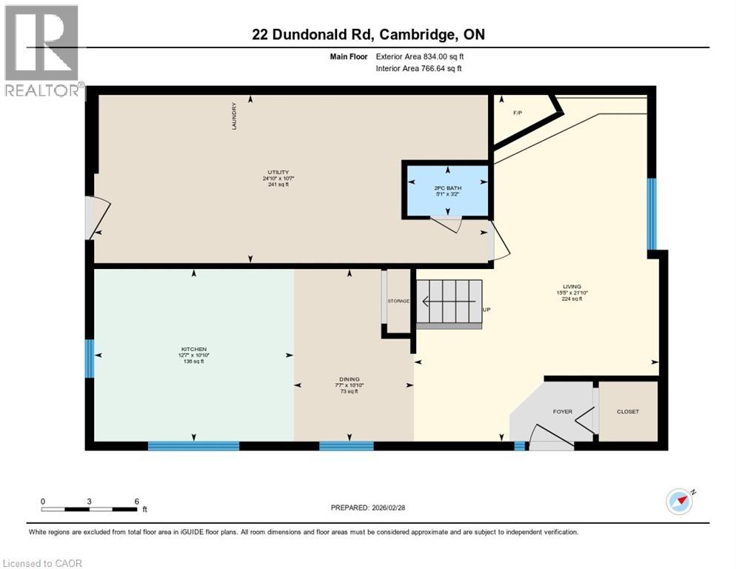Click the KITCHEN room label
[x=194, y=349]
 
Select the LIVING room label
[x=572, y=287]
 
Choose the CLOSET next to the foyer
[x=627, y=412]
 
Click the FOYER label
[x=563, y=412]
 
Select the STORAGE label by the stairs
[x=398, y=302]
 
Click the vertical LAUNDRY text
[x=234, y=116]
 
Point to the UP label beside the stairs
[x=486, y=309]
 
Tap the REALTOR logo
[x=43, y=50]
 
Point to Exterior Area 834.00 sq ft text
[x=420, y=56]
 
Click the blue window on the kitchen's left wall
[x=89, y=359]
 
